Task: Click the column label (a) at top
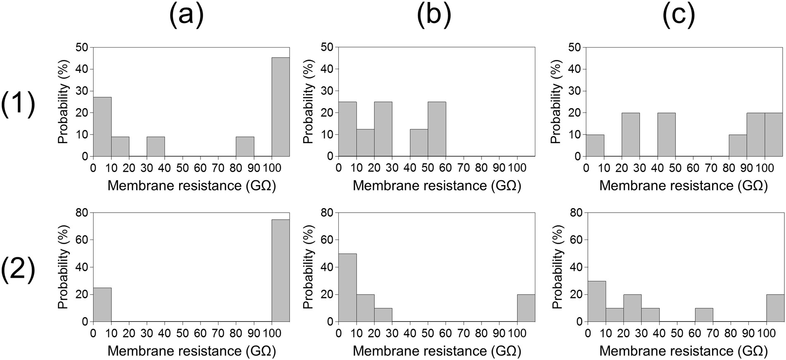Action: pos(186,16)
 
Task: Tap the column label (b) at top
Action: pos(434,16)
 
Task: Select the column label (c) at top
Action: pos(679,16)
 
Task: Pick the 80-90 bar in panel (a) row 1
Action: pos(245,146)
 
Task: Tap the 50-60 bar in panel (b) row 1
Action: pos(437,129)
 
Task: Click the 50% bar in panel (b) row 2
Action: pos(347,288)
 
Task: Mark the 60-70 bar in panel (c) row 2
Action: pos(704,315)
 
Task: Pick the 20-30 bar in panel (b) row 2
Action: pos(383,315)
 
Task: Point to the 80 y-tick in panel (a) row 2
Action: pos(82,213)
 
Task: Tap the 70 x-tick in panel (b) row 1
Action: pos(463,168)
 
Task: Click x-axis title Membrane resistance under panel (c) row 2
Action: pos(683,351)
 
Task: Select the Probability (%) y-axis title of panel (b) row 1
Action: pos(309,102)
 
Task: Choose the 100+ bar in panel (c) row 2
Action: pos(775,308)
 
